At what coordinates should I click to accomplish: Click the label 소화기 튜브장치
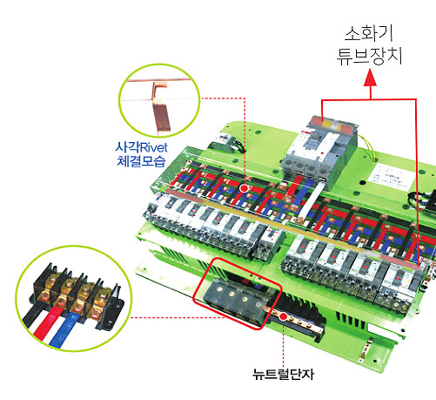point(369,45)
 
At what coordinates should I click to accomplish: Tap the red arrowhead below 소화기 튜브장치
point(370,78)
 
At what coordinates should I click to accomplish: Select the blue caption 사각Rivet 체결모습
point(141,154)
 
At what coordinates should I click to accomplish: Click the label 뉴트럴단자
point(283,374)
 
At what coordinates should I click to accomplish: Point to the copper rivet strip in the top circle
point(160,109)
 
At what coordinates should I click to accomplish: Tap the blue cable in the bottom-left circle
point(63,331)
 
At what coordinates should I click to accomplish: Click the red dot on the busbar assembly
point(245,188)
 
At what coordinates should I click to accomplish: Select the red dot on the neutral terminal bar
point(283,316)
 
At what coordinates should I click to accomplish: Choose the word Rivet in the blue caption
point(154,147)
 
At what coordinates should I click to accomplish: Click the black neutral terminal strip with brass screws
point(298,317)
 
